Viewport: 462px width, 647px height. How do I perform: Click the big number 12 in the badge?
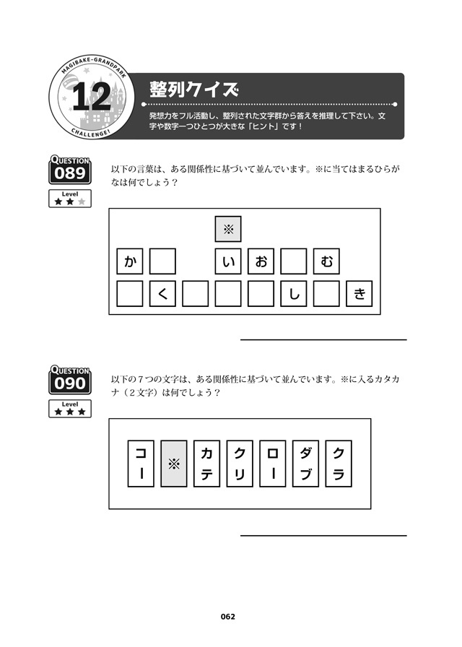point(92,97)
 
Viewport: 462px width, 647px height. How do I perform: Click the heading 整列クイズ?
point(194,89)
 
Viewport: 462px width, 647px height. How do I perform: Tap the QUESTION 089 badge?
point(70,169)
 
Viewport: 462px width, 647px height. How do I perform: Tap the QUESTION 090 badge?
point(70,380)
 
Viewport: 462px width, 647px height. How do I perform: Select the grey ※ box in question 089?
point(228,229)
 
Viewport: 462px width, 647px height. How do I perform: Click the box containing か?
point(129,261)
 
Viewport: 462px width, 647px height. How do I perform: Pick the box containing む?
point(326,261)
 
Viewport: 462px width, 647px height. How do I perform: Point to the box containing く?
point(162,294)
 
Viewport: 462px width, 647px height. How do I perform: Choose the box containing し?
point(294,294)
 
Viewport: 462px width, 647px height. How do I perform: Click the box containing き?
point(359,294)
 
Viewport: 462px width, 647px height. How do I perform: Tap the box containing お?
point(261,261)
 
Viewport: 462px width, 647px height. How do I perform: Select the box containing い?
point(228,261)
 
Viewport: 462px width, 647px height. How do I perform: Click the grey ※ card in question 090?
point(174,464)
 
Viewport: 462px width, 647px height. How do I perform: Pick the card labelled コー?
point(141,464)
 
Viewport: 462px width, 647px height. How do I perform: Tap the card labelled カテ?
point(206,464)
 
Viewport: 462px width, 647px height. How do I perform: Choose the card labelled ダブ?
point(305,464)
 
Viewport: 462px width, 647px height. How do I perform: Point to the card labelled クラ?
point(339,464)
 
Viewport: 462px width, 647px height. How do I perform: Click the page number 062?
point(227,617)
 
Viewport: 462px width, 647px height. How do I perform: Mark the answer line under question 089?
point(323,340)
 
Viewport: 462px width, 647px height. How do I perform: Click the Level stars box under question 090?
point(70,409)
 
